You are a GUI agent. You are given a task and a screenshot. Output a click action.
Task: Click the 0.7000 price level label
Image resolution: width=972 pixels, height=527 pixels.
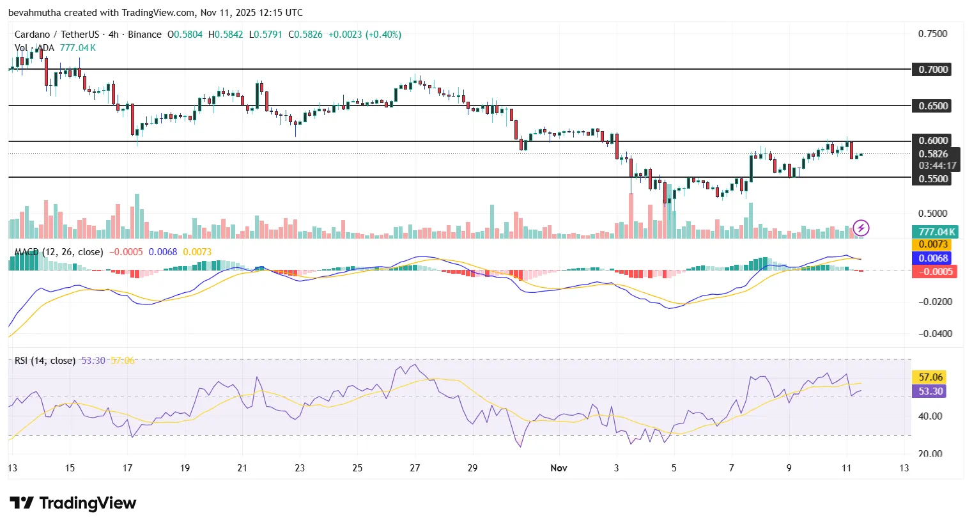(x=933, y=69)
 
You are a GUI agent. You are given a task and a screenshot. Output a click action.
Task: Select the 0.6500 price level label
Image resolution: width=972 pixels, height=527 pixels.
(x=933, y=106)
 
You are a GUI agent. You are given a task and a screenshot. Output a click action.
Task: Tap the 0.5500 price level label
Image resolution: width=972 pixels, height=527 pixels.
(x=933, y=178)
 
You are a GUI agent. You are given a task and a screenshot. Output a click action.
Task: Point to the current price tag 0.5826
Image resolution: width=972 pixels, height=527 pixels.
(x=933, y=154)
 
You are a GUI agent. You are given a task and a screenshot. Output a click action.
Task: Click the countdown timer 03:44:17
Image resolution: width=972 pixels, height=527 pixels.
(x=937, y=166)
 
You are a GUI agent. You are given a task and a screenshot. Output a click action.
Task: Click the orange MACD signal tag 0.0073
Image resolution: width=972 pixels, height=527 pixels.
(x=933, y=244)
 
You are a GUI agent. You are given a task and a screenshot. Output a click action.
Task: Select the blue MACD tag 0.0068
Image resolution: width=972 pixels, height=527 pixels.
(x=933, y=258)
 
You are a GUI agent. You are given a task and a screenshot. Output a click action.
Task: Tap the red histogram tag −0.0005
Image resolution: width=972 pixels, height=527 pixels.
(x=936, y=272)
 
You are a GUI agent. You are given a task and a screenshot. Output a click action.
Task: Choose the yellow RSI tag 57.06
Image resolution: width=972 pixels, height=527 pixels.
(x=930, y=377)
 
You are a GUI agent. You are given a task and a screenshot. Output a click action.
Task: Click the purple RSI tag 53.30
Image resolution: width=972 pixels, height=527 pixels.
(x=930, y=391)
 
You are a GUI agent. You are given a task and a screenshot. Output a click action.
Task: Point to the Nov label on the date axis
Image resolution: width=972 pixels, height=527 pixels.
(x=559, y=468)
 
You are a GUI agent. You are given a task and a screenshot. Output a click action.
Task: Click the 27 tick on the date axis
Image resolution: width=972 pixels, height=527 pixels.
(x=415, y=468)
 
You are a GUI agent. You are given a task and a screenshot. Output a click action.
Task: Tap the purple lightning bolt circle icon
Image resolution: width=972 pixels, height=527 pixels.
(x=861, y=228)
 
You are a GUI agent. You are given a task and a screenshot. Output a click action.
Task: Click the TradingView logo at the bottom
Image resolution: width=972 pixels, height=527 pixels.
(x=73, y=503)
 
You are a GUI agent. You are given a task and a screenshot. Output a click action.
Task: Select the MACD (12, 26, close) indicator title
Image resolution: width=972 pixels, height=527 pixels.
(x=59, y=252)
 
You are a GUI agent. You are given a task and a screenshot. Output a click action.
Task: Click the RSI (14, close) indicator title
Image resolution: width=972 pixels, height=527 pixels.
(x=45, y=361)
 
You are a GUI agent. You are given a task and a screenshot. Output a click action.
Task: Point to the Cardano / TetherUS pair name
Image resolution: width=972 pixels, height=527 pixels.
(x=57, y=35)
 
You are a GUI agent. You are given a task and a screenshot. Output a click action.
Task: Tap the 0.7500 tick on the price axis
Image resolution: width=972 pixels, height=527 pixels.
(x=932, y=34)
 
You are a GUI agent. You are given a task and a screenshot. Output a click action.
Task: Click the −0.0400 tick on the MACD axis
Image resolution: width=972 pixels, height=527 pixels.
(x=935, y=333)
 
